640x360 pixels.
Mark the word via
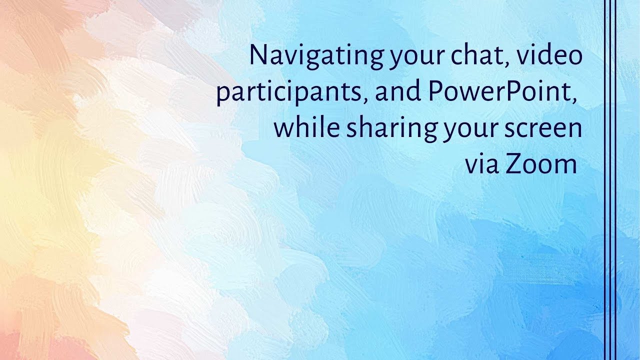[482, 164]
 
